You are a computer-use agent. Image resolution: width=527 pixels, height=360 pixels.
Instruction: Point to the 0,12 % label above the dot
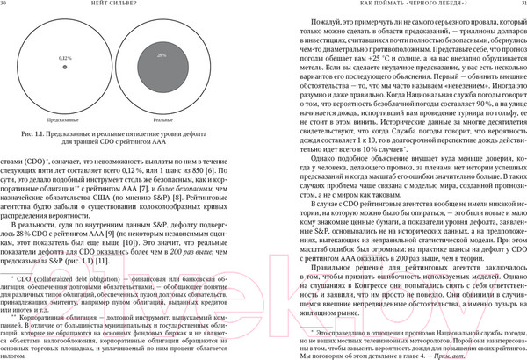[65, 57]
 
